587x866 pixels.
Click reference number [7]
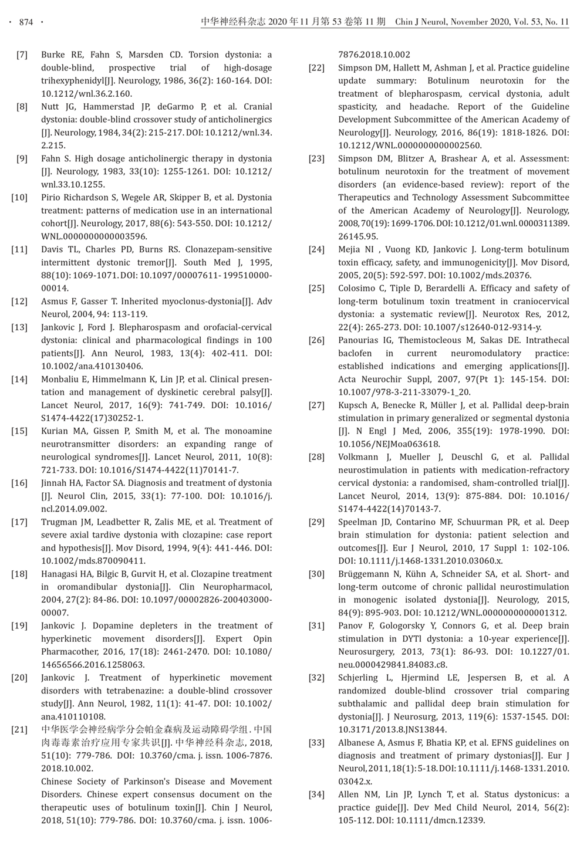point(22,55)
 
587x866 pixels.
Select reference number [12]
point(19,302)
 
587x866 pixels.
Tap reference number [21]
point(19,730)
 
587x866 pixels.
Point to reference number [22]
point(316,68)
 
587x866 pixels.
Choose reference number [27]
point(316,405)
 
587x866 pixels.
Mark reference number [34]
point(316,795)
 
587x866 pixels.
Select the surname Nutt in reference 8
point(50,107)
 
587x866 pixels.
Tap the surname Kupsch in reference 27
point(352,405)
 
